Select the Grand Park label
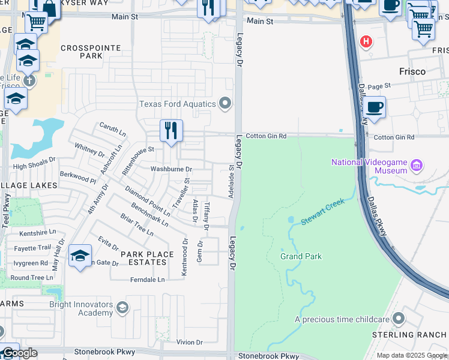[301, 256]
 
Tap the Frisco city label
[412, 71]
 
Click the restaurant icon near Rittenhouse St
[171, 130]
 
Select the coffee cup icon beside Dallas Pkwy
[375, 107]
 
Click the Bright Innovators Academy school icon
[122, 308]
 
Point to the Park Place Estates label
[143, 258]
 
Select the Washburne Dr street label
[171, 170]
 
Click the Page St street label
[379, 86]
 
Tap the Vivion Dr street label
[190, 342]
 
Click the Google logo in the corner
[20, 353]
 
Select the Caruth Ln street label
[113, 129]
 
